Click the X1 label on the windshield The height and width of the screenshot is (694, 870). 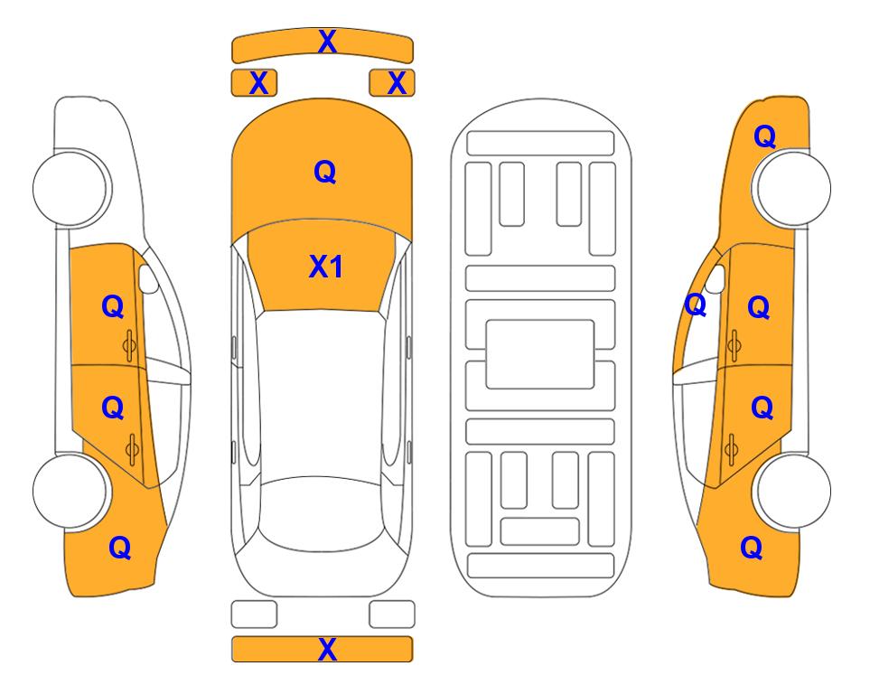tap(326, 267)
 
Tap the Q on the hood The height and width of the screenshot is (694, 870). tap(325, 172)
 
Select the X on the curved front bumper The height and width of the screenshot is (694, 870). tap(327, 42)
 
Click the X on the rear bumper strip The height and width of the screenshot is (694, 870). tap(327, 649)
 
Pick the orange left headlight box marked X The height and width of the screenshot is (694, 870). tap(254, 83)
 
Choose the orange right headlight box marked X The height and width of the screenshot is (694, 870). tap(392, 83)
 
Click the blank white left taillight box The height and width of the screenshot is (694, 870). tap(254, 614)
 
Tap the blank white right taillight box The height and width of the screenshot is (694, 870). tap(392, 614)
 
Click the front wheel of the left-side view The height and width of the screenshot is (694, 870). tap(70, 188)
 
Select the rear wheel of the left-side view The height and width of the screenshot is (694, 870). tap(70, 491)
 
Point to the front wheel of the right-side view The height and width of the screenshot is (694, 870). tap(793, 188)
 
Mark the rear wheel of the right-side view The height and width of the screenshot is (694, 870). tap(793, 491)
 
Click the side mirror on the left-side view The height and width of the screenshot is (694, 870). tap(148, 278)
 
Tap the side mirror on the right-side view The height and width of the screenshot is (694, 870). tap(716, 278)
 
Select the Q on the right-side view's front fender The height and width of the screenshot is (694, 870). tap(764, 136)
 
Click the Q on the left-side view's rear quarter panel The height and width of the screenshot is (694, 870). tap(120, 548)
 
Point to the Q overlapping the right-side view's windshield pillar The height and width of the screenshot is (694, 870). tap(696, 305)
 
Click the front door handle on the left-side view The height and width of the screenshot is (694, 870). tap(129, 346)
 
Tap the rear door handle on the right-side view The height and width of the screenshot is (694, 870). tap(731, 450)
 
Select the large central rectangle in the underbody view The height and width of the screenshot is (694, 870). tap(540, 354)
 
